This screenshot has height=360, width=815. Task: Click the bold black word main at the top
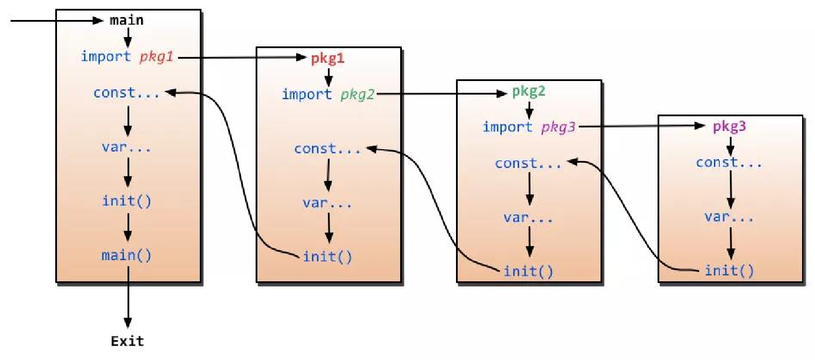pyautogui.click(x=126, y=21)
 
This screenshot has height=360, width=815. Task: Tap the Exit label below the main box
pyautogui.click(x=128, y=341)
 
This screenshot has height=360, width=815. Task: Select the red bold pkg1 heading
pyautogui.click(x=327, y=59)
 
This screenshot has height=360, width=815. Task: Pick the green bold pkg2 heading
pyautogui.click(x=529, y=91)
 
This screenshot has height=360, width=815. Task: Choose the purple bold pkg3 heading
pyautogui.click(x=729, y=126)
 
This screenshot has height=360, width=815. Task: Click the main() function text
pyautogui.click(x=126, y=255)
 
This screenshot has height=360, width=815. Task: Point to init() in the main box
pyautogui.click(x=126, y=201)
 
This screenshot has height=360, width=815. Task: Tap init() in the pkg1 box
pyautogui.click(x=327, y=257)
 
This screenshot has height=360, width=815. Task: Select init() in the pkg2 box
pyautogui.click(x=528, y=271)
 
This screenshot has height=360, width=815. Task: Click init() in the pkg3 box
pyautogui.click(x=729, y=271)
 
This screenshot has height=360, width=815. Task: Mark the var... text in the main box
pyautogui.click(x=126, y=147)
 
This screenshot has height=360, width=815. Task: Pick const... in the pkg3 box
pyautogui.click(x=729, y=162)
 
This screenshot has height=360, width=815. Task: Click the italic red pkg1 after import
pyautogui.click(x=156, y=57)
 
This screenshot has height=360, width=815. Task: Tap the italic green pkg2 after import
pyautogui.click(x=357, y=95)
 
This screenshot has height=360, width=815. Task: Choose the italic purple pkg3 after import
pyautogui.click(x=558, y=127)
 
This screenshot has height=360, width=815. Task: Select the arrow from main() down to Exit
pyautogui.click(x=128, y=297)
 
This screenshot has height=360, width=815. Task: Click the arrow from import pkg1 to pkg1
pyautogui.click(x=242, y=58)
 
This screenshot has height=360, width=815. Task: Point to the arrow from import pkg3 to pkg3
pyautogui.click(x=642, y=126)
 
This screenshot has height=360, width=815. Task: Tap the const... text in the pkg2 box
pyautogui.click(x=528, y=163)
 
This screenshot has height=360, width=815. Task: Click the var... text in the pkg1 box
pyautogui.click(x=327, y=203)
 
